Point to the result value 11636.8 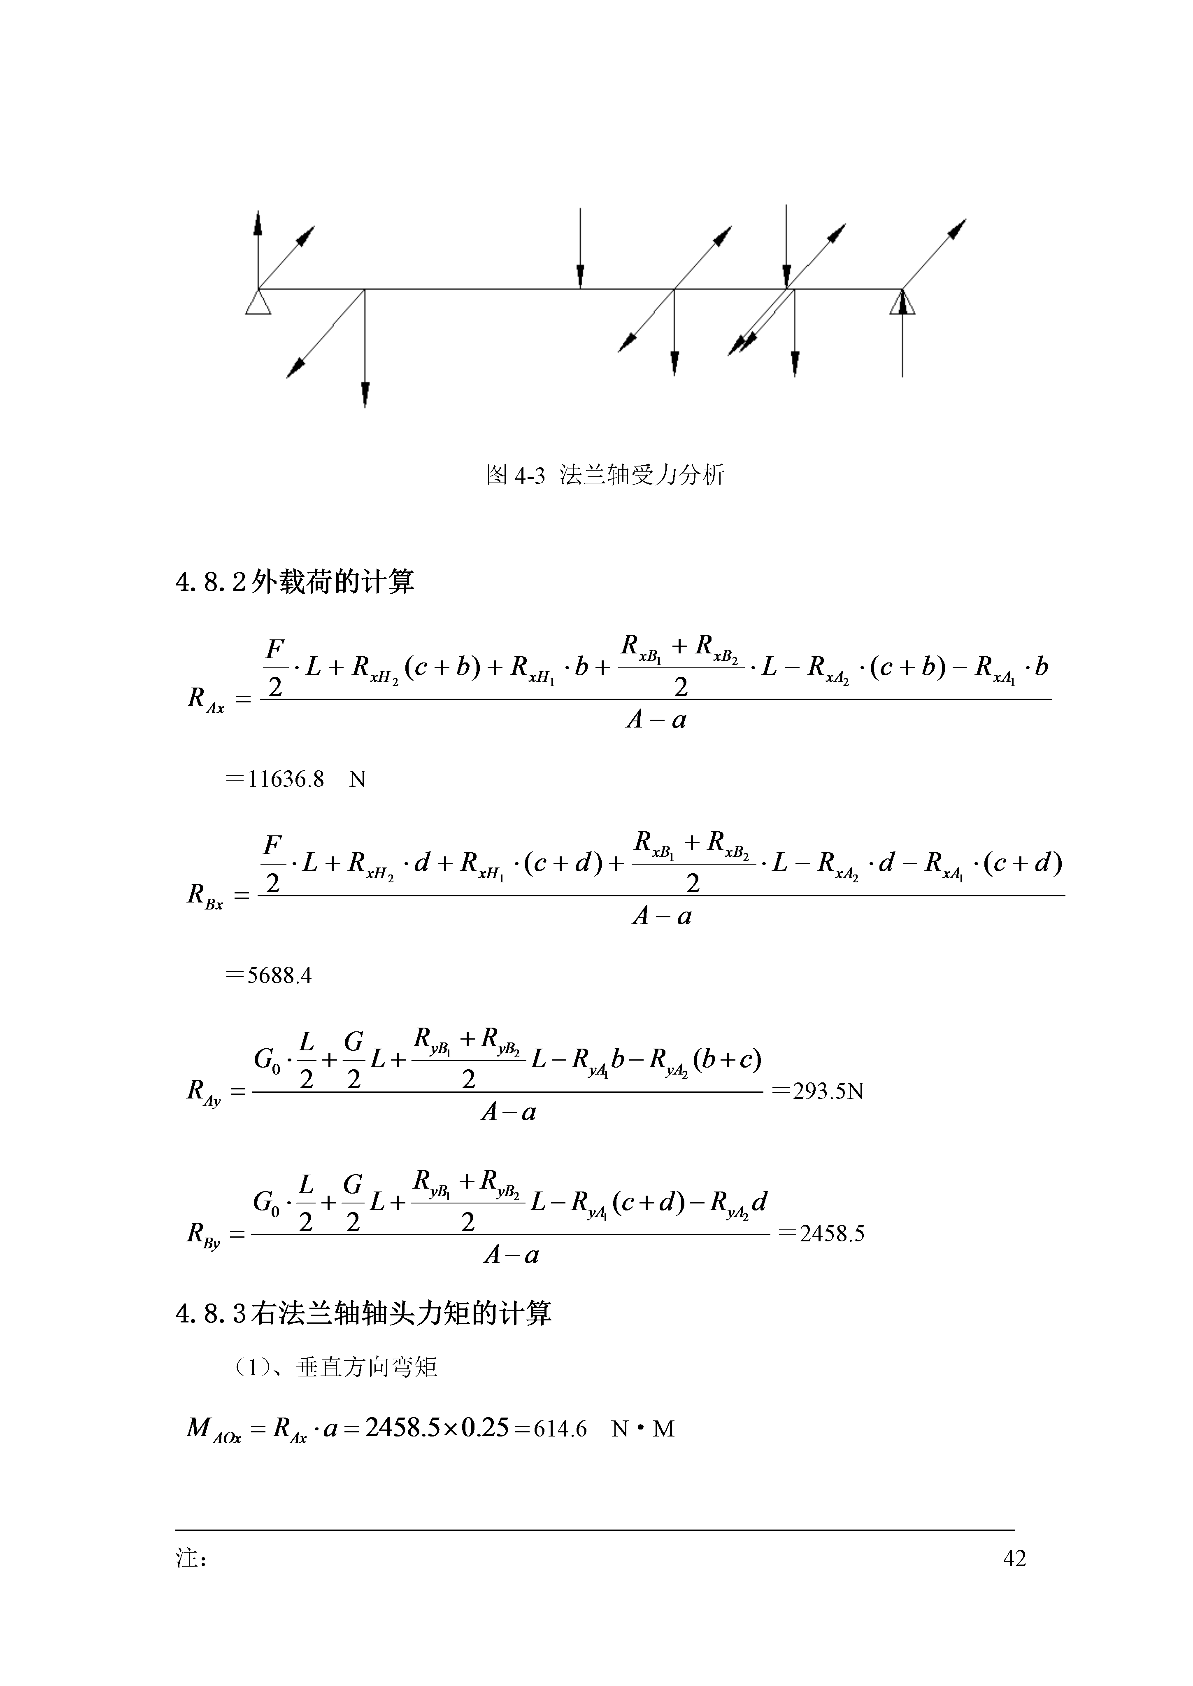coord(286,779)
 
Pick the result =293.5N coord(818,1091)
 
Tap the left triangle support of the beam coord(258,303)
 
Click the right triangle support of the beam coord(902,303)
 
